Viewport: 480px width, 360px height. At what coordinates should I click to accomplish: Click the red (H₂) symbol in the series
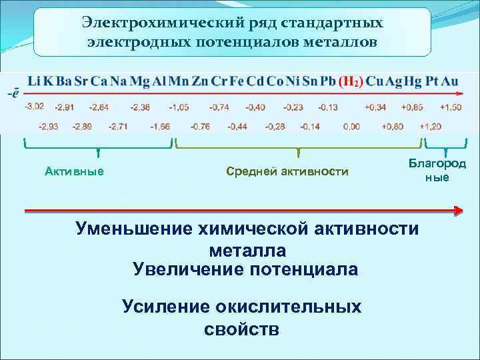(x=351, y=82)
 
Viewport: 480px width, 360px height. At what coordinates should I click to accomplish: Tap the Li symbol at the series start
(x=32, y=82)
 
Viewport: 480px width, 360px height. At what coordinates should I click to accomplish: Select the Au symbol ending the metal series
(x=451, y=82)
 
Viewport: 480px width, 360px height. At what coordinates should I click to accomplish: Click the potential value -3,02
(x=35, y=107)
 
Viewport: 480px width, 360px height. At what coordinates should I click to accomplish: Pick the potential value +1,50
(x=451, y=107)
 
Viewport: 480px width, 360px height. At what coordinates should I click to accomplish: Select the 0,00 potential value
(x=351, y=126)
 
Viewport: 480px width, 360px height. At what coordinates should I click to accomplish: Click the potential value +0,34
(x=375, y=107)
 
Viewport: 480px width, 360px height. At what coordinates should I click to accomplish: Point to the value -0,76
(x=200, y=126)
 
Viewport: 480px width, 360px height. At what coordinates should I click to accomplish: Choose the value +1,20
(x=431, y=126)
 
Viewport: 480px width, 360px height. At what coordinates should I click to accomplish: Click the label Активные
(x=74, y=172)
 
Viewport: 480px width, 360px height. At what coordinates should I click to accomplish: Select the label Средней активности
(x=287, y=172)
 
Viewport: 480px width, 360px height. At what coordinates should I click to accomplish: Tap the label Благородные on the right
(x=437, y=171)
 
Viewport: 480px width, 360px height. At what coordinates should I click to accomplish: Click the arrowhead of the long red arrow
(x=458, y=211)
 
